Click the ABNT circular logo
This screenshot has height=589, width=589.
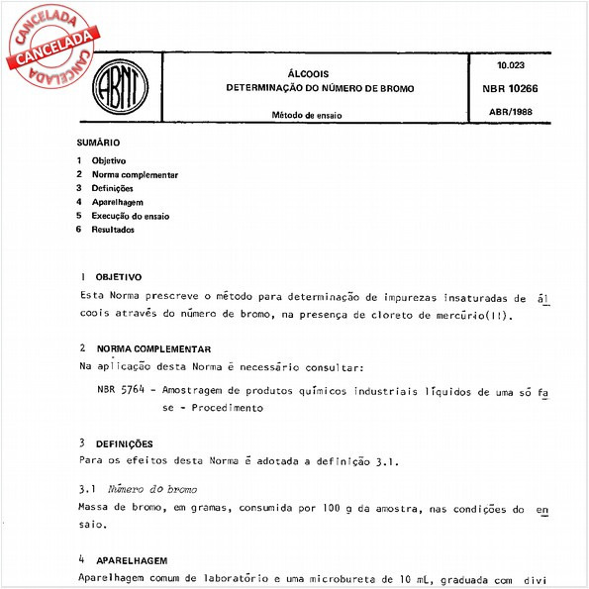[120, 90]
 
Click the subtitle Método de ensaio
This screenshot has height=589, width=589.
[306, 115]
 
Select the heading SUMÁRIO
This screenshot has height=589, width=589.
[98, 144]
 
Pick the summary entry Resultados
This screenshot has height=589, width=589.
[113, 230]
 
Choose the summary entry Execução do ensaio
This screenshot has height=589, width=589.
[131, 215]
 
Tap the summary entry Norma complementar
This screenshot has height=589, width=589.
[135, 174]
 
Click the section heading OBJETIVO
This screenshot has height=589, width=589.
[119, 278]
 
